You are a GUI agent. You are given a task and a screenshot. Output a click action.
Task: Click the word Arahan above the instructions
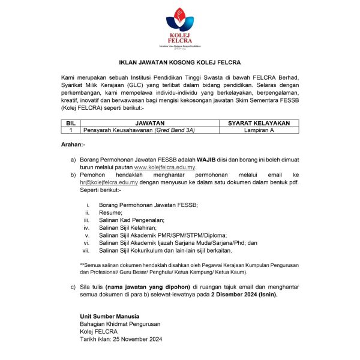pyautogui.click(x=73, y=145)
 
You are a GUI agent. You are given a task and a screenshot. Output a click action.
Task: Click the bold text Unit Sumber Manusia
pyautogui.click(x=109, y=316)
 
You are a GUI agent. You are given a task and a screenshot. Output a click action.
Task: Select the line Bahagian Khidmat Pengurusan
pyautogui.click(x=120, y=324)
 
